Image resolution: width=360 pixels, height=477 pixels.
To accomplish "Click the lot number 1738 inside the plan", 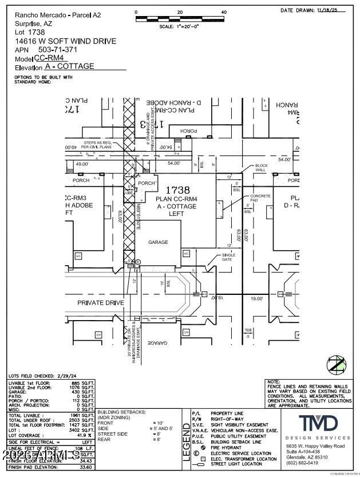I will [177, 190].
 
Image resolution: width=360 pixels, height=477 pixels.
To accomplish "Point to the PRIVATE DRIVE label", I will [101, 302].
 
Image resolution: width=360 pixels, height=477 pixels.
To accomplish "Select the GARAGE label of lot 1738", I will [159, 242].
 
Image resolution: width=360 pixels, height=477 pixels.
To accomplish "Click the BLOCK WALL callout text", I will [261, 167].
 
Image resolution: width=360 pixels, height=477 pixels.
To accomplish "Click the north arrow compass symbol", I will [336, 365].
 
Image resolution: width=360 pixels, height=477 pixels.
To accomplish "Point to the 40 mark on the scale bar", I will [224, 12].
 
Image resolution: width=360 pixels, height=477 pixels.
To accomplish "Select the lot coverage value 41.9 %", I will [85, 436].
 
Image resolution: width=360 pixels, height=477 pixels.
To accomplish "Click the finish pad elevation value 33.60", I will [86, 467].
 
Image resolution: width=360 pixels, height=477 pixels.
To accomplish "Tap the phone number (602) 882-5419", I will [302, 463].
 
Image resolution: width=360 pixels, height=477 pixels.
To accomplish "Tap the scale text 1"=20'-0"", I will [178, 26].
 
